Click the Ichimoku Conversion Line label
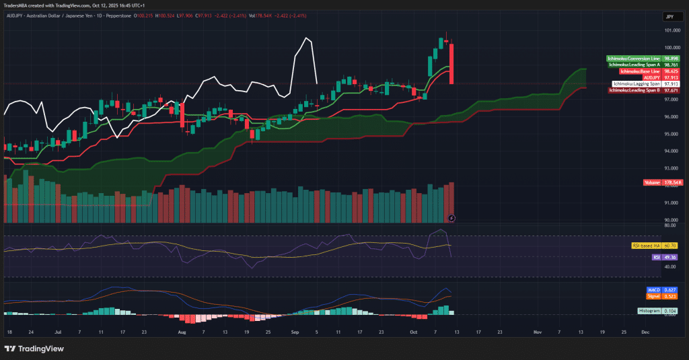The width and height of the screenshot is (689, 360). pos(633,59)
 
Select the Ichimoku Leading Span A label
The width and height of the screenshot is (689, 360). pos(633,65)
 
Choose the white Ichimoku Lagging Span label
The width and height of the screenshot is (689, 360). pos(636,83)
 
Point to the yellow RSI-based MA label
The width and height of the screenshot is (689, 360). pos(645,246)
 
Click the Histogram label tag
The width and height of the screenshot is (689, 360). pos(649,310)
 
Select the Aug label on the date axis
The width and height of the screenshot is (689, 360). pos(181,332)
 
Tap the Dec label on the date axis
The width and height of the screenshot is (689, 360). pos(645,332)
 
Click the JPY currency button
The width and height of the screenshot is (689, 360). pos(670,16)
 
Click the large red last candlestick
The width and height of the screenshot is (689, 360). pos(451,64)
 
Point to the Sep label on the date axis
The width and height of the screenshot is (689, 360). pos(294,332)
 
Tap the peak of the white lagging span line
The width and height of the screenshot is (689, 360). pos(306,38)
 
